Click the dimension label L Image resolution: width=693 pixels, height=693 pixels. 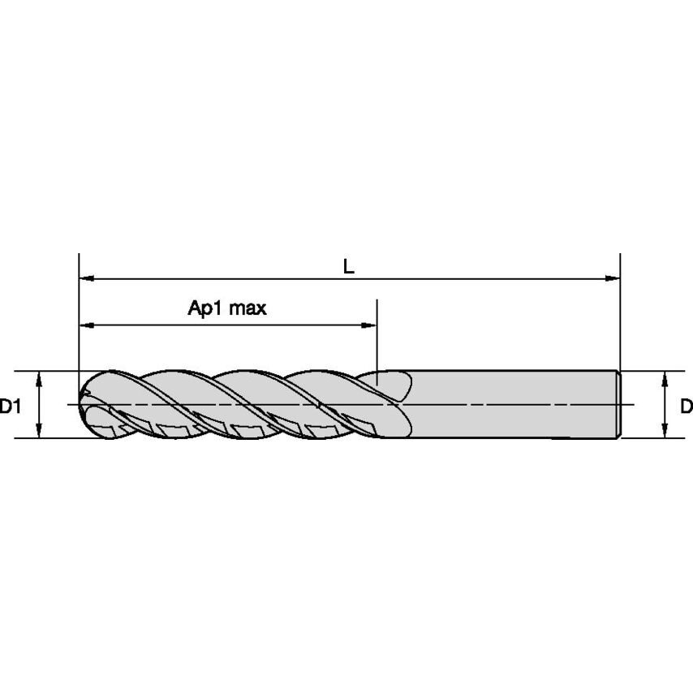[x=349, y=266]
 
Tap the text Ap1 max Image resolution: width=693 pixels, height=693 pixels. [x=227, y=308]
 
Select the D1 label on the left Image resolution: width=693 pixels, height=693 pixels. [x=11, y=405]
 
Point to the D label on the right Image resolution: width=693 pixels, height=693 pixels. [x=687, y=405]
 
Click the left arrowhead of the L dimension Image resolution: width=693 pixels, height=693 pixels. [x=87, y=278]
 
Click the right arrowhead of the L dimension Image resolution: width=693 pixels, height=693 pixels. [x=613, y=278]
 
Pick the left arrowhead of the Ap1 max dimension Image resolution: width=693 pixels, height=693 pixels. [x=87, y=325]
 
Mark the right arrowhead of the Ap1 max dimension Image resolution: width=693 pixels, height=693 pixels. [x=369, y=325]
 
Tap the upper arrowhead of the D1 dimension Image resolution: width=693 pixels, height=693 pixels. [x=39, y=379]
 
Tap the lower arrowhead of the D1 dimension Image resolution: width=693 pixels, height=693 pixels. [x=39, y=430]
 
